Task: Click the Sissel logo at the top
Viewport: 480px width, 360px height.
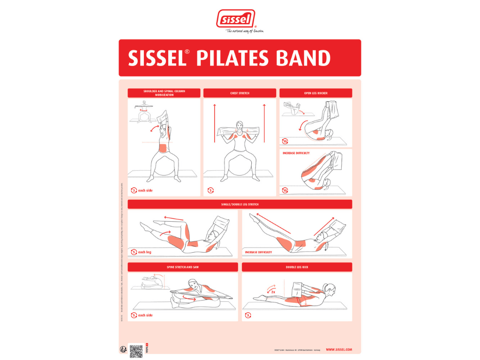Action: (x=235, y=19)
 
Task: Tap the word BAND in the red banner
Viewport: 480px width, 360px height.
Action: (x=305, y=58)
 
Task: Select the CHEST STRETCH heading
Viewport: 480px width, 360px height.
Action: (x=240, y=93)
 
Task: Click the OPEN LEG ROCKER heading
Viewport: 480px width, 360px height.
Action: (x=315, y=93)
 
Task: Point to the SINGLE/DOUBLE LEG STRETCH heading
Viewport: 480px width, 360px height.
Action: (x=240, y=204)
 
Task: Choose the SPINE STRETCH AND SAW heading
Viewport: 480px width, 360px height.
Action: (x=182, y=267)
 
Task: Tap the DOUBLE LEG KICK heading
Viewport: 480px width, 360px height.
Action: (x=297, y=267)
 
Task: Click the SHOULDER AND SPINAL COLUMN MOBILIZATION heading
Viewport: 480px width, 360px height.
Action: (x=164, y=93)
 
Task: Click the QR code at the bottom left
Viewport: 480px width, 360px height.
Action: (x=136, y=351)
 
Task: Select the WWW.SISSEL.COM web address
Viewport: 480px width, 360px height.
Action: (x=338, y=350)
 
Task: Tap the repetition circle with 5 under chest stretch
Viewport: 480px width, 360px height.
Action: (x=210, y=190)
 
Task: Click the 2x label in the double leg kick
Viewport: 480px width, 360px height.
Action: (x=273, y=292)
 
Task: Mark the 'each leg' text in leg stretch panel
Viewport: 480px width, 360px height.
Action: (x=144, y=252)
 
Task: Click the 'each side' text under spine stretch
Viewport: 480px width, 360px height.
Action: (x=145, y=315)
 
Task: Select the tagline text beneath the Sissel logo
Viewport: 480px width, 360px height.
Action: (x=245, y=31)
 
